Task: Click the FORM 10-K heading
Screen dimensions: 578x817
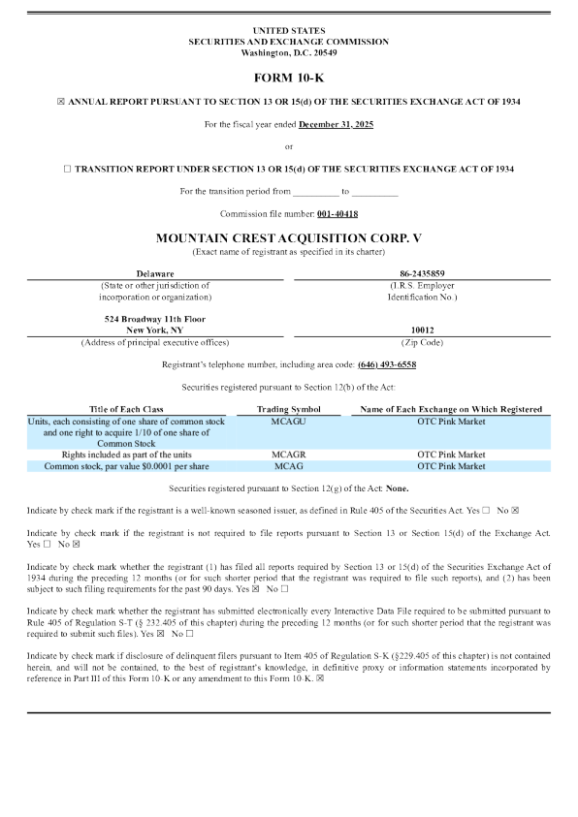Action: [289, 77]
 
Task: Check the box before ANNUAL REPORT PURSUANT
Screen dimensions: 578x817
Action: [61, 102]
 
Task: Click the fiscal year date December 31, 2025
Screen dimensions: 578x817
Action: [336, 124]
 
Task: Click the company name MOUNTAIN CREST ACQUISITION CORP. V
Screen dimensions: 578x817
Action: [289, 237]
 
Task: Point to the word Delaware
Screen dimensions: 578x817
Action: [155, 274]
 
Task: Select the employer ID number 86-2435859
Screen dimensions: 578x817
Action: [421, 274]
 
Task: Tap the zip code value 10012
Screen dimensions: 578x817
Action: [422, 330]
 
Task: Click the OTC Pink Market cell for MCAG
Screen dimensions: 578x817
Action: [451, 466]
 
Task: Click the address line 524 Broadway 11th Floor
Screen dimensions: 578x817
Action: [155, 318]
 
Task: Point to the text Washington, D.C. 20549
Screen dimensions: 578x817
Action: [289, 52]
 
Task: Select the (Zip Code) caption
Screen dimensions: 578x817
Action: [422, 342]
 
